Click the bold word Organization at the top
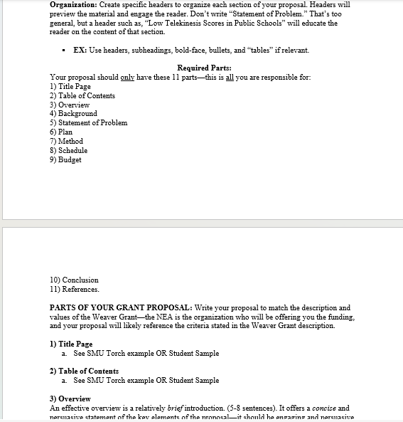click(x=73, y=4)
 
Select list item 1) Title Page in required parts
click(x=70, y=86)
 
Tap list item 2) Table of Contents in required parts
click(x=82, y=95)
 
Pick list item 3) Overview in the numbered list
click(x=70, y=105)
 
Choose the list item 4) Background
click(x=73, y=114)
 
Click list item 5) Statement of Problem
click(x=88, y=123)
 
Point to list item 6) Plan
click(x=61, y=132)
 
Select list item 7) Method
click(x=66, y=142)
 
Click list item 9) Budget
click(x=65, y=160)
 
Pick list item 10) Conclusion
click(x=74, y=280)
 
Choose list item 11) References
click(x=75, y=290)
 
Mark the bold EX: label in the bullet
click(x=80, y=50)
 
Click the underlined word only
click(x=128, y=78)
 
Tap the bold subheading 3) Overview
click(x=70, y=399)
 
